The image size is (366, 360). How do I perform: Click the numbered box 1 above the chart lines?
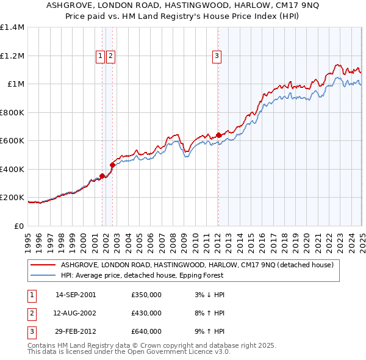point(100,56)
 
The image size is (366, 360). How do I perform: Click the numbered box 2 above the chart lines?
point(110,56)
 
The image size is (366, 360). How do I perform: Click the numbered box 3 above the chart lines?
point(217,56)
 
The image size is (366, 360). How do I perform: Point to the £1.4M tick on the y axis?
point(12,27)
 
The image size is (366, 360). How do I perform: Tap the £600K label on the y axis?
point(12,140)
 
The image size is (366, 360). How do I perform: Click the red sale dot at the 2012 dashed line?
point(218,135)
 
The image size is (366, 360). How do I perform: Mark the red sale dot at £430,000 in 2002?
point(112,165)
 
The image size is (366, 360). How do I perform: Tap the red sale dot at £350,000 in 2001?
point(102,176)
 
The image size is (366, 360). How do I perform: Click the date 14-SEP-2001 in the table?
point(76,295)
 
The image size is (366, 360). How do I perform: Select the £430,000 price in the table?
point(146,313)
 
